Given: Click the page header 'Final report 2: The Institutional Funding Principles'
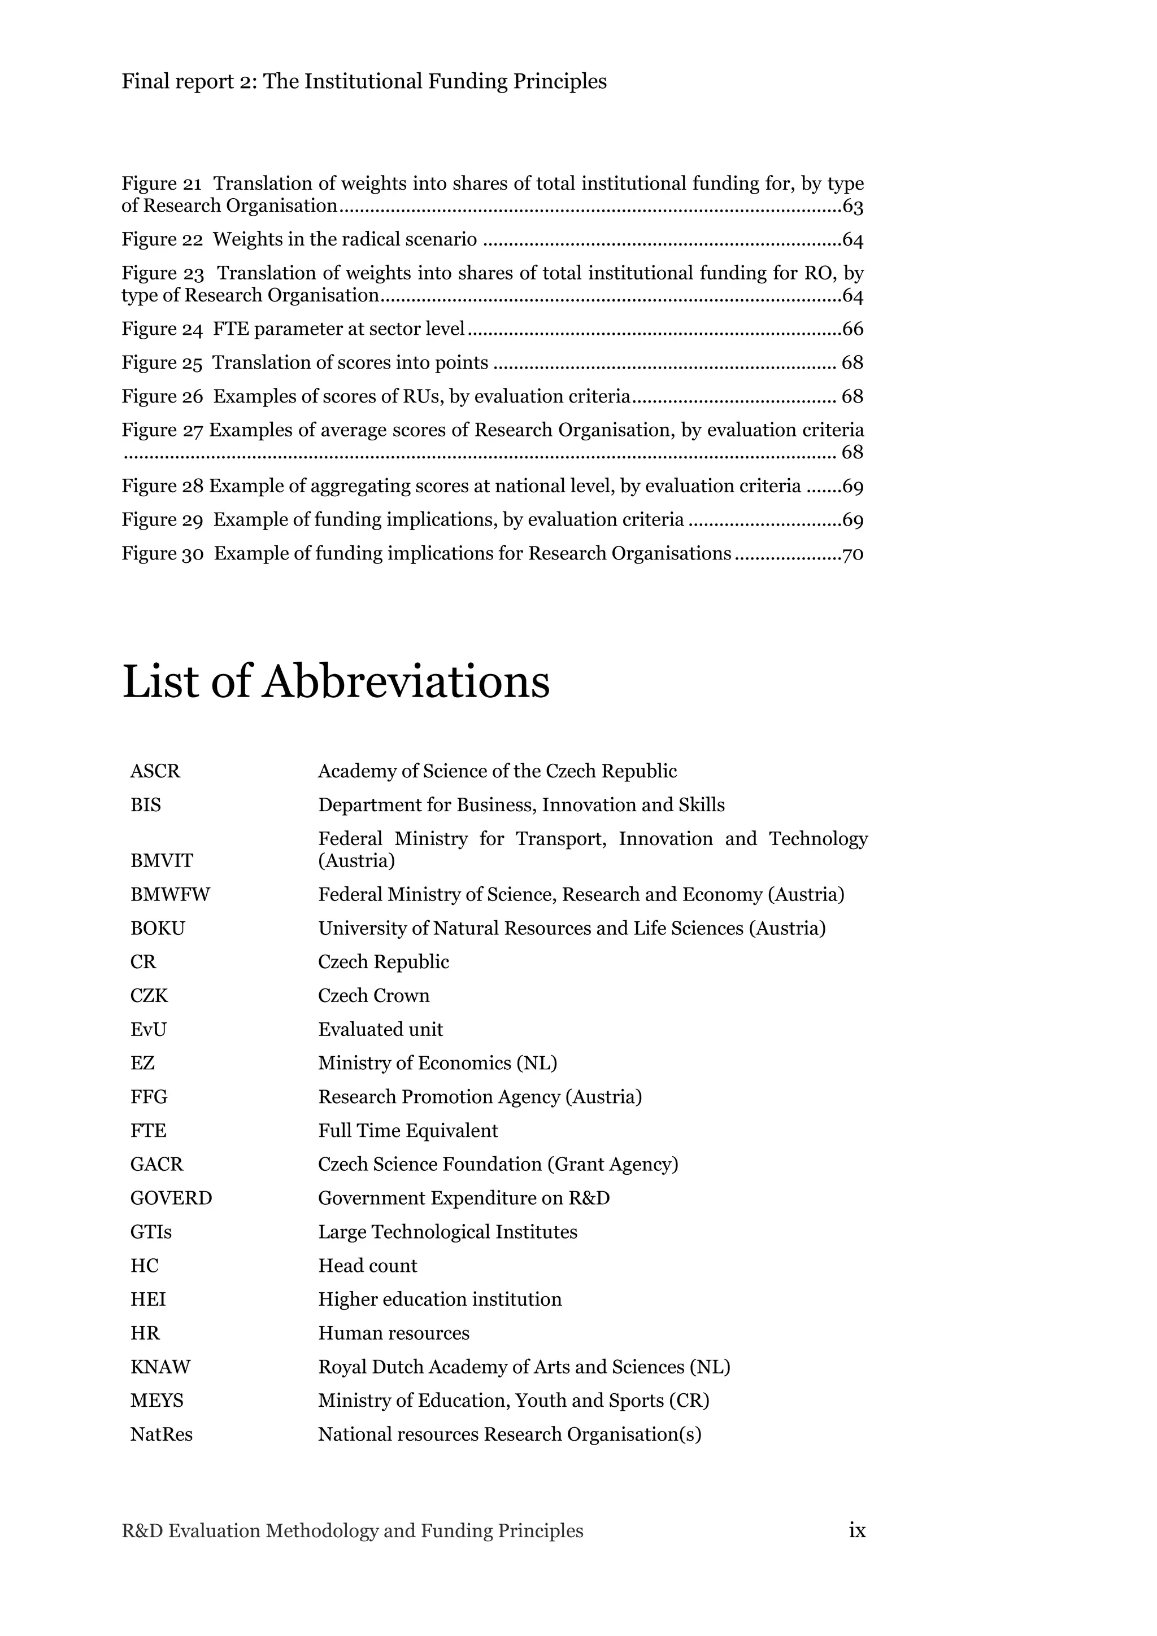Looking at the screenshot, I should pos(364,82).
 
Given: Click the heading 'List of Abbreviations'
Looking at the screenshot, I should pos(336,682).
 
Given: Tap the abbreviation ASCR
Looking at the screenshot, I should pos(155,771).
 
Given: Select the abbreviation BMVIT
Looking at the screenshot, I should pos(161,861).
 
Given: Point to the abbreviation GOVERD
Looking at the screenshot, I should pos(171,1198).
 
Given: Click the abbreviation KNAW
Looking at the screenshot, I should pos(160,1367).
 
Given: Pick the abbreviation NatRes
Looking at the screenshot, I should pos(161,1434).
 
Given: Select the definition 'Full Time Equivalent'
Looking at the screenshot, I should pos(408,1131).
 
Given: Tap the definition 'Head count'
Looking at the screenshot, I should pos(367,1266).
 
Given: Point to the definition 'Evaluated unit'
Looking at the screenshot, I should pos(380,1030).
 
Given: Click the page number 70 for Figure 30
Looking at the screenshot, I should pos(852,554).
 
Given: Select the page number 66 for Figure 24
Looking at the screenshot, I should pos(852,329).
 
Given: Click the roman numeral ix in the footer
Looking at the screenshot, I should pos(857,1530).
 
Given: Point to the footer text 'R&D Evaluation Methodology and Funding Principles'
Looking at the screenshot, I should pos(352,1530).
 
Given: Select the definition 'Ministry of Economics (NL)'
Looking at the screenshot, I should pos(437,1063).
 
